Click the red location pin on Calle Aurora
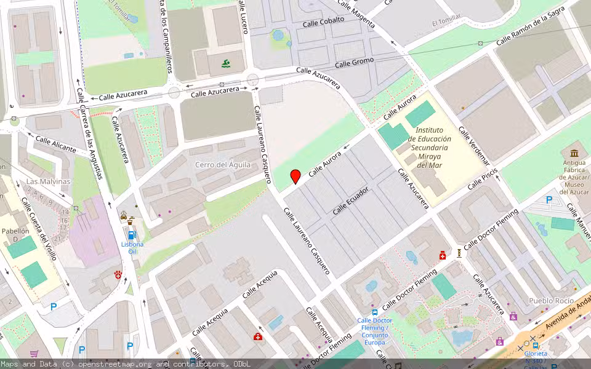pyautogui.click(x=295, y=176)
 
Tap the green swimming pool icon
pyautogui.click(x=226, y=63)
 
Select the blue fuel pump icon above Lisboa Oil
pyautogui.click(x=131, y=235)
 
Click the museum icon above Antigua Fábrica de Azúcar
pyautogui.click(x=574, y=153)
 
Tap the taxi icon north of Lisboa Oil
pyautogui.click(x=123, y=216)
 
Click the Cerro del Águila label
pyautogui.click(x=223, y=164)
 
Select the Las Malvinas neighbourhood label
pyautogui.click(x=48, y=181)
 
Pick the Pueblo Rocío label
pyautogui.click(x=552, y=301)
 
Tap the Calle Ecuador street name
pyautogui.click(x=350, y=200)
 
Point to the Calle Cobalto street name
pyautogui.click(x=323, y=22)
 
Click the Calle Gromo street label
pyautogui.click(x=355, y=63)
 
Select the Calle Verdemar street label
pyautogui.click(x=473, y=147)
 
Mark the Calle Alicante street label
pyautogui.click(x=55, y=145)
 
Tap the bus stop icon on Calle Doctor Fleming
pyautogui.click(x=374, y=312)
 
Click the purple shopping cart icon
pyautogui.click(x=34, y=354)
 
